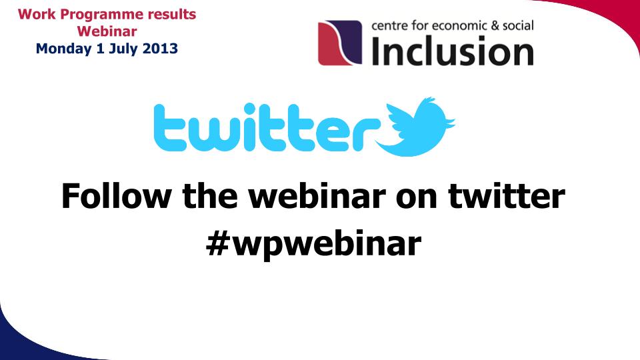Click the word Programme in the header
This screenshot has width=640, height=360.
tap(102, 15)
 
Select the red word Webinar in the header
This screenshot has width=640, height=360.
tap(107, 31)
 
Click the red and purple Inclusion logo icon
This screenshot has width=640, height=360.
tap(340, 43)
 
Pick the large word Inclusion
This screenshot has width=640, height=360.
tap(453, 51)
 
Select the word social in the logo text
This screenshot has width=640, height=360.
tap(518, 26)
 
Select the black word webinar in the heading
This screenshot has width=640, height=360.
tap(317, 195)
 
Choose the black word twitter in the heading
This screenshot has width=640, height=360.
tap(507, 195)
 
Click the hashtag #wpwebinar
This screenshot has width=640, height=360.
tap(313, 244)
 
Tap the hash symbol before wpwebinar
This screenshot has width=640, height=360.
tap(217, 243)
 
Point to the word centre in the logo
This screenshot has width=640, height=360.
tap(389, 26)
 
